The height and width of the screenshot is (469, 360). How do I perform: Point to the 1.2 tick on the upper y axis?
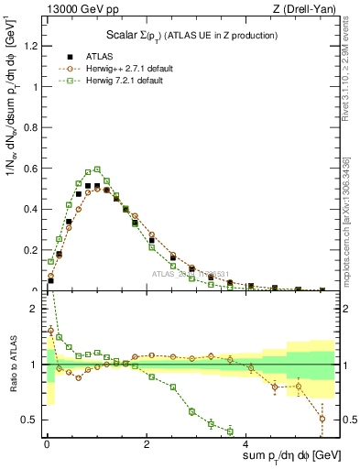pos(32,47)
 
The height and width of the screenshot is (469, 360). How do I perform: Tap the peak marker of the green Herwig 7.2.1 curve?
pos(97,169)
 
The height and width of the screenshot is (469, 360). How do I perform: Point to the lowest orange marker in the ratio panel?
pos(322,419)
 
